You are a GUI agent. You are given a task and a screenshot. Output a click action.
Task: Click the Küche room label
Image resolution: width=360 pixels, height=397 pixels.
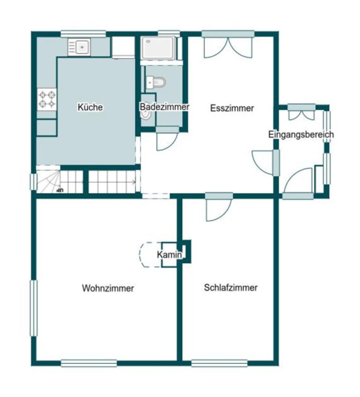90,107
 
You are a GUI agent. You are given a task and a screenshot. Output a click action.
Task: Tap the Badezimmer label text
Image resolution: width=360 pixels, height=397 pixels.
164,107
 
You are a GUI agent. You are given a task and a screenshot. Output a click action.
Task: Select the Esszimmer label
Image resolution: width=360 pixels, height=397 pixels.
232,108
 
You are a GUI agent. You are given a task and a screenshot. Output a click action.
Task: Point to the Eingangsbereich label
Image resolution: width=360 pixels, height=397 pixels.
301,135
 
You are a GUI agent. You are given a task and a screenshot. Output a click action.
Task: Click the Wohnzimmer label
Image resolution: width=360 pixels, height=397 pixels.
108,288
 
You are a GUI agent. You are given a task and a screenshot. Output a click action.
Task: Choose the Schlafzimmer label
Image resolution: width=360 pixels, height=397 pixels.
230,288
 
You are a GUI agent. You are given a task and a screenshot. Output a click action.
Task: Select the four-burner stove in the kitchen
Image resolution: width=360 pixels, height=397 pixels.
47,99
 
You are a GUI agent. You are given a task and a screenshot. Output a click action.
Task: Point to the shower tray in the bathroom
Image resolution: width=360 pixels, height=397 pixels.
158,48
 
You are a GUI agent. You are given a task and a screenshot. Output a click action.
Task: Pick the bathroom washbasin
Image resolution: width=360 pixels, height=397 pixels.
146,113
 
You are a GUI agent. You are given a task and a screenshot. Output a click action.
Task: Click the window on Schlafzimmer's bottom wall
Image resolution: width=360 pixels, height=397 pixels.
219,363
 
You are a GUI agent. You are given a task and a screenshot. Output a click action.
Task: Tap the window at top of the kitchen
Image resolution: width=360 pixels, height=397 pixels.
83,34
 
